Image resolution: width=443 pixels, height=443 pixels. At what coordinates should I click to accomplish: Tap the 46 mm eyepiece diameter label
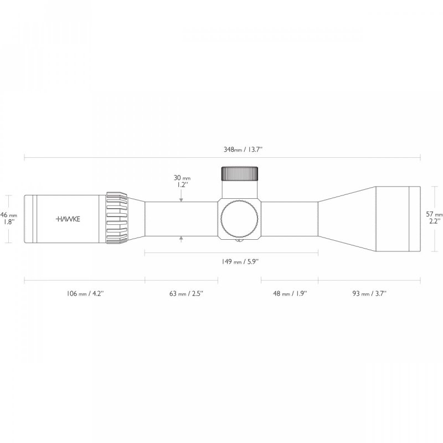(9, 214)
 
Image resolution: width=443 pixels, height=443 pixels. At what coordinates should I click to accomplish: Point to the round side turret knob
(239, 218)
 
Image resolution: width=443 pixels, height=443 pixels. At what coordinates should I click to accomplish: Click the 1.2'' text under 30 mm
(182, 185)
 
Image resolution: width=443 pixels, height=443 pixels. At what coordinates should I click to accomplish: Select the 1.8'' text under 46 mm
(9, 221)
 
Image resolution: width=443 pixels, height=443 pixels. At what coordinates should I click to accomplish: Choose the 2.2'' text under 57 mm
(435, 221)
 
